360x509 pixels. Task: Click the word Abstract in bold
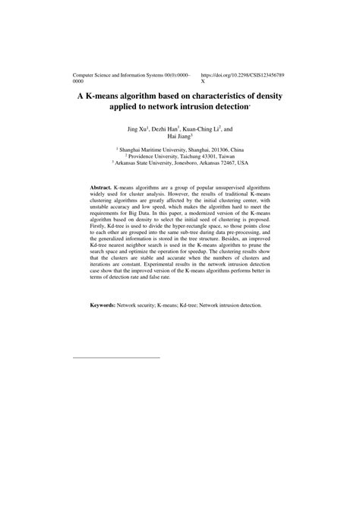pos(101,186)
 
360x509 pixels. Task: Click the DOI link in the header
pos(242,76)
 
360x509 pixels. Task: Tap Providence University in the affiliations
pos(155,156)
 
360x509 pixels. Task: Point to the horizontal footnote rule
pos(116,356)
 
